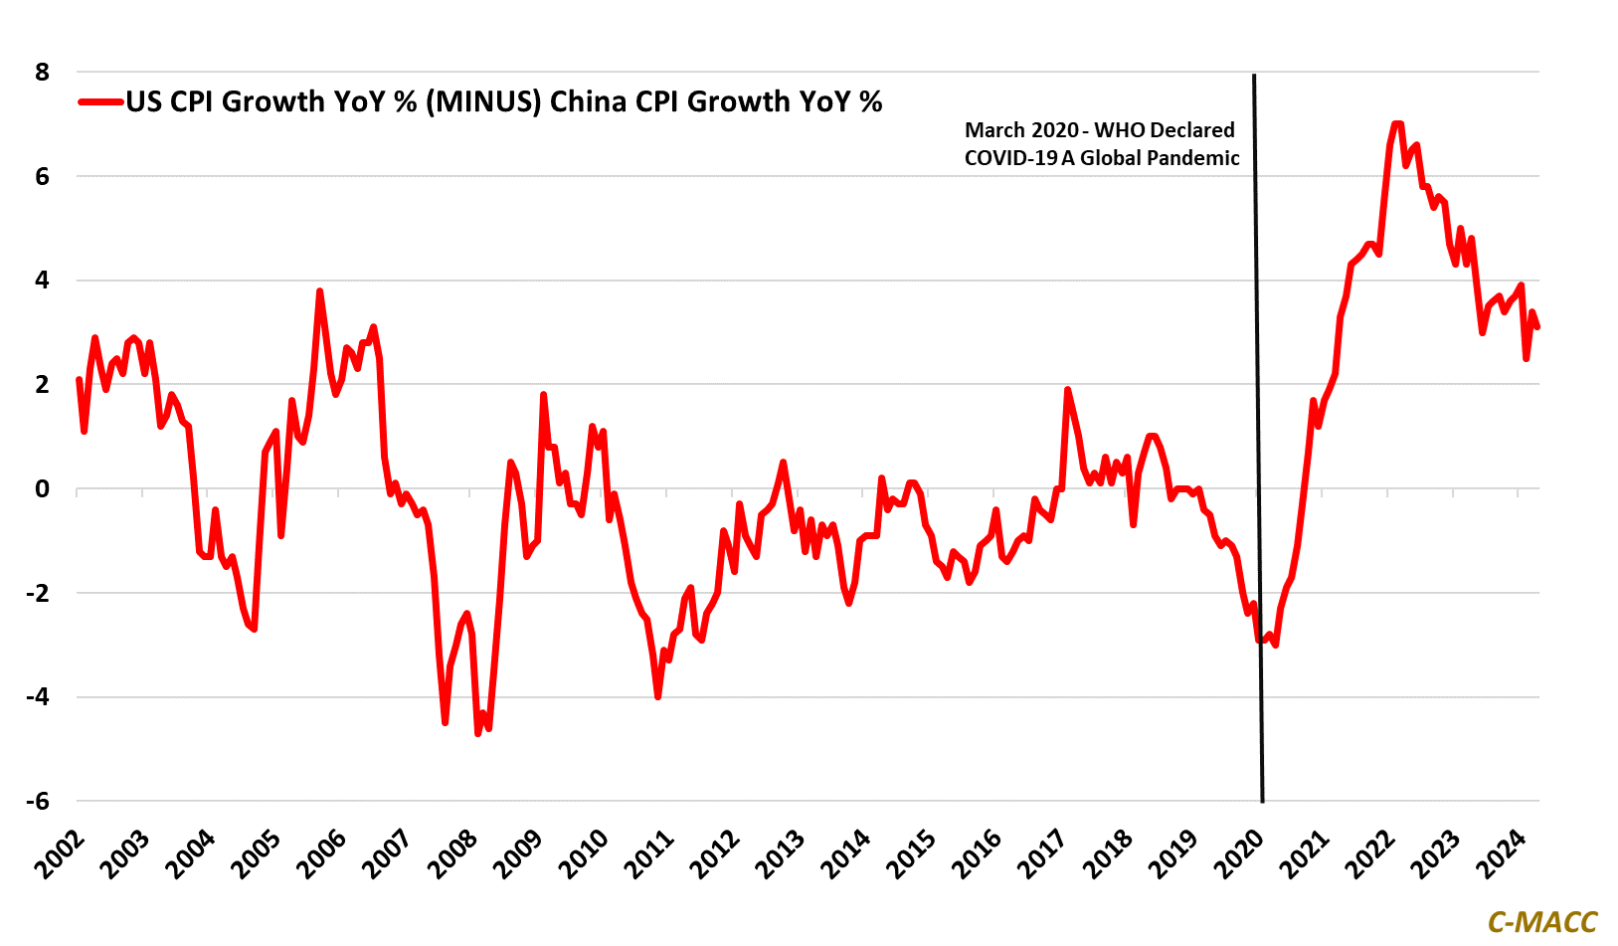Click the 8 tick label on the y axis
tap(42, 72)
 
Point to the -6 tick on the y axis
tap(37, 801)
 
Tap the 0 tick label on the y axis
tap(42, 488)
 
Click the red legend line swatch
tap(100, 101)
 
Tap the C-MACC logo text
tap(1541, 922)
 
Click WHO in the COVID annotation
tap(1120, 130)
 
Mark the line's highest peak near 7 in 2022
tap(1397, 123)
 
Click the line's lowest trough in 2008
tap(478, 733)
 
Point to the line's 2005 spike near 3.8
tap(319, 291)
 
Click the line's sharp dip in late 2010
tap(658, 696)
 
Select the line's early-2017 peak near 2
tap(1067, 390)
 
